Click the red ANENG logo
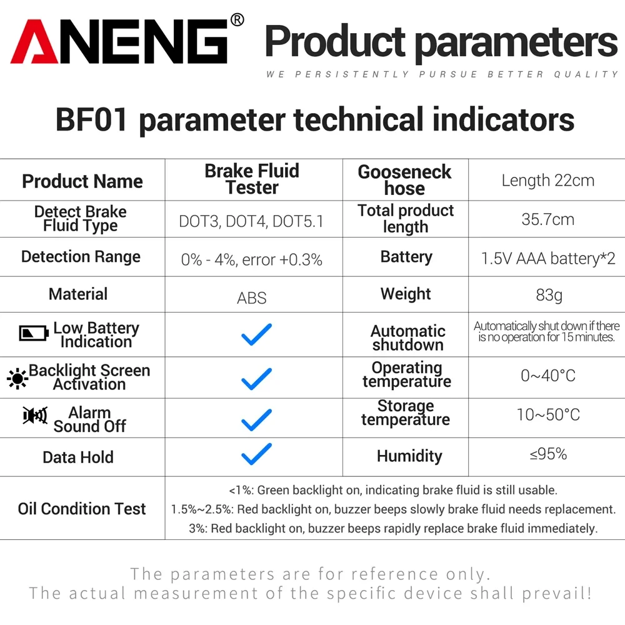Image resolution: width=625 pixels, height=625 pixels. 119,42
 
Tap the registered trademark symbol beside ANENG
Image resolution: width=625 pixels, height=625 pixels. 237,21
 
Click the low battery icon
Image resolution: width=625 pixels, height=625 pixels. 34,332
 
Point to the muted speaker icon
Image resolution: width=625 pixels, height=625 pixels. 35,416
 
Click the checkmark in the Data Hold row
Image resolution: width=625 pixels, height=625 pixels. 256,454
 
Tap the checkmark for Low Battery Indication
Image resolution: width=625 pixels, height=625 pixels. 256,335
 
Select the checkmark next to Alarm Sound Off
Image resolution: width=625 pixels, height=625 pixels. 256,419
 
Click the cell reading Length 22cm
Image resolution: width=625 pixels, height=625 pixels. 547,181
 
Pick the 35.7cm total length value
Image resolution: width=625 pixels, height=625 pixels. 547,219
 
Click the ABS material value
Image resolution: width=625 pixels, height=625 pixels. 252,298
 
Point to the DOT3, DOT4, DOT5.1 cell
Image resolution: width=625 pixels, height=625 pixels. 251,221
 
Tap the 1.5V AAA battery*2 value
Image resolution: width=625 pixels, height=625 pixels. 548,258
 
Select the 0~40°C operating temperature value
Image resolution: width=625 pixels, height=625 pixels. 548,376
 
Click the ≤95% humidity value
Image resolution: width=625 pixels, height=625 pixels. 548,454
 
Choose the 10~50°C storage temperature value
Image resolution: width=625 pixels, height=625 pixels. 548,414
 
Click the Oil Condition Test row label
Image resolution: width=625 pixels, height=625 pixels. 82,509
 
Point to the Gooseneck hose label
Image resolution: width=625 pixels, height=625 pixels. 404,180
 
